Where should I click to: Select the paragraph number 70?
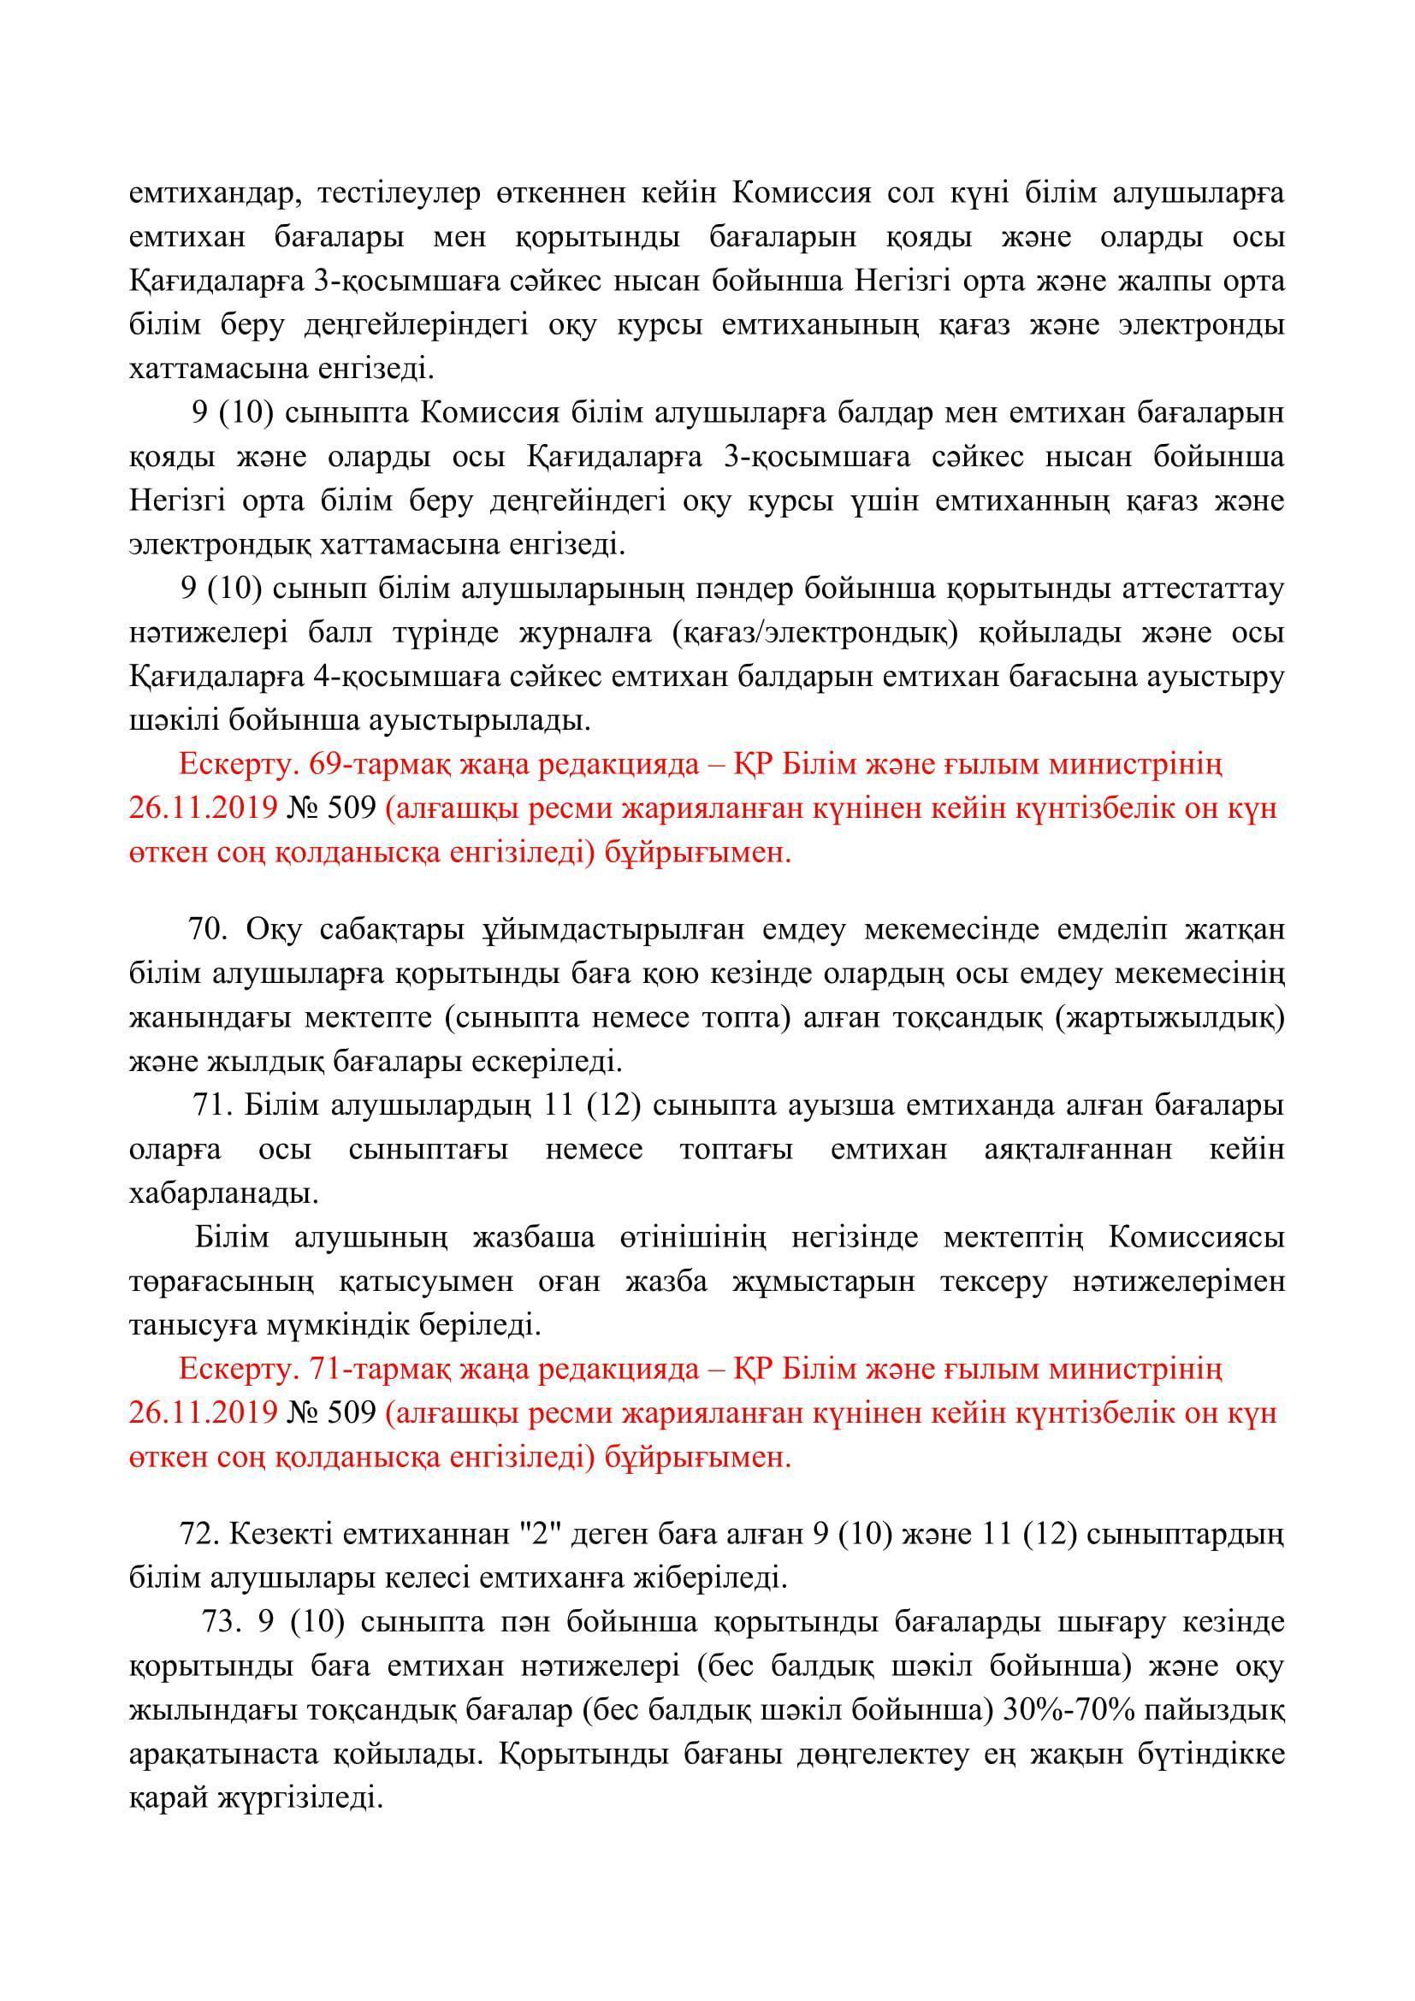pyautogui.click(x=207, y=929)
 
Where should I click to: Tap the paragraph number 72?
pyautogui.click(x=197, y=1533)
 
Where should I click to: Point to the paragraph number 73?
pyautogui.click(x=220, y=1622)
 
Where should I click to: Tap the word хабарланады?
pyautogui.click(x=224, y=1193)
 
